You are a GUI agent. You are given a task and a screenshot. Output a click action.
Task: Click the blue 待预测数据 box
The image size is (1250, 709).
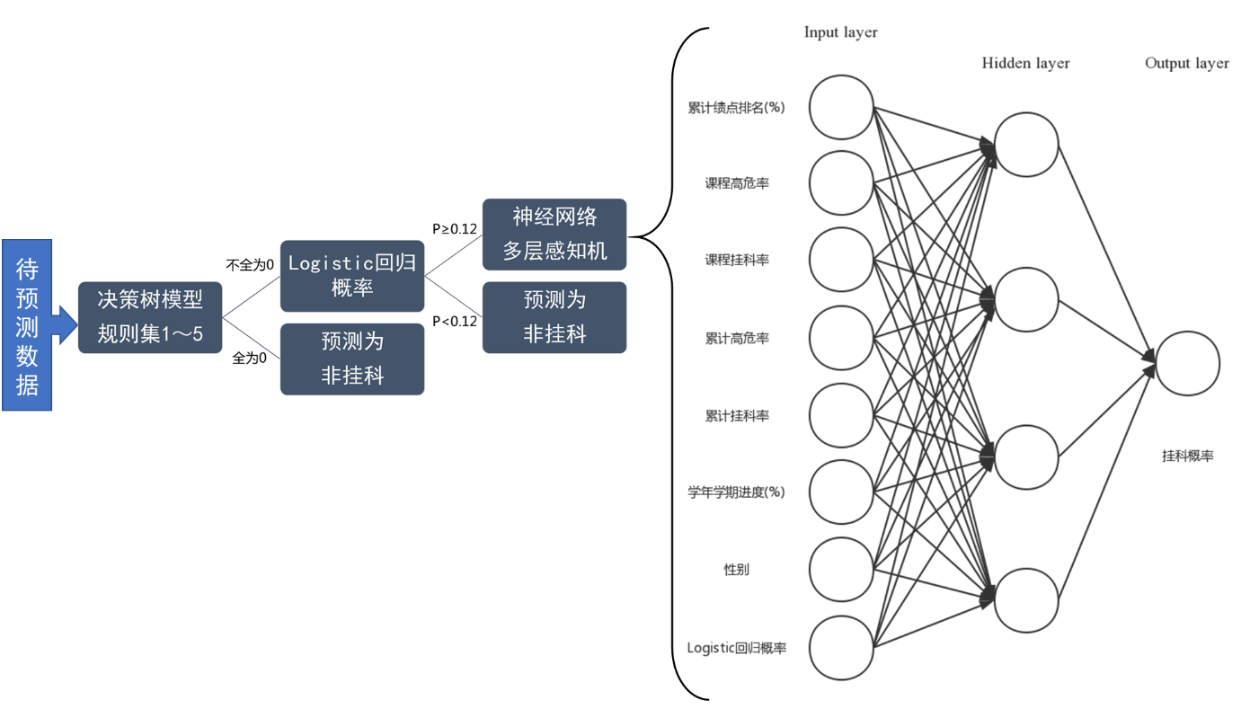tap(27, 325)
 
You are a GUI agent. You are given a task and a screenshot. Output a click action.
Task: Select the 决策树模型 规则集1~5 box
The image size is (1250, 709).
tap(150, 317)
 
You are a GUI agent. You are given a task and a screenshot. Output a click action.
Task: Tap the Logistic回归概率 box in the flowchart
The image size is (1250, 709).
tap(351, 276)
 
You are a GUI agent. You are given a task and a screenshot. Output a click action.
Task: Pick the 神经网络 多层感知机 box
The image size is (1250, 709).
tap(554, 235)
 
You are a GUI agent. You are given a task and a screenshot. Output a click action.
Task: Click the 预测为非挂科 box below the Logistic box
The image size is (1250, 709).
tap(351, 359)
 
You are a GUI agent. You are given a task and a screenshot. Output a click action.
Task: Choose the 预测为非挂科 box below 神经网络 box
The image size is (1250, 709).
tap(554, 317)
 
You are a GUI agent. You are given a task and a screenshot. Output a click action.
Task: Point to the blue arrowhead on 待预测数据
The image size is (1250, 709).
tap(65, 324)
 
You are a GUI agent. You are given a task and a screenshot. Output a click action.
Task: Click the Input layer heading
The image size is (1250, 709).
tap(840, 32)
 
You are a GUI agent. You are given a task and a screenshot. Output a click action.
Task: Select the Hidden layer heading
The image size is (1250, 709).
tap(1025, 63)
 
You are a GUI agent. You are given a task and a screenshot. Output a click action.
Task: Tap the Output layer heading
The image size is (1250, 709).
tap(1186, 63)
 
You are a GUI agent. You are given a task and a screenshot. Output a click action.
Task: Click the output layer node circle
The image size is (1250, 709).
tap(1187, 363)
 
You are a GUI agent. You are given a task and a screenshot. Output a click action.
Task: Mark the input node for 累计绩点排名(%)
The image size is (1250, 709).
tap(841, 107)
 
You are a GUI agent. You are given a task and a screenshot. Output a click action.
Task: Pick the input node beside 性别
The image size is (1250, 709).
tap(841, 570)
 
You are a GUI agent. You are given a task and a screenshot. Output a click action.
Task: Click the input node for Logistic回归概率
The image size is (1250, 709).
tap(841, 647)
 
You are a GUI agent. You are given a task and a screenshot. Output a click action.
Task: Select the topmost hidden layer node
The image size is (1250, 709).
tap(1026, 145)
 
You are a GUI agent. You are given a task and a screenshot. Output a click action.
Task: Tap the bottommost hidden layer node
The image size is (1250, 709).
tap(1026, 599)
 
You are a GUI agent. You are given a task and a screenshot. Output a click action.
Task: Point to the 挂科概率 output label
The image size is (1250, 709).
tap(1187, 456)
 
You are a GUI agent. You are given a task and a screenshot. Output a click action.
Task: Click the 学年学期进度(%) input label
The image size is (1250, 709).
tap(736, 492)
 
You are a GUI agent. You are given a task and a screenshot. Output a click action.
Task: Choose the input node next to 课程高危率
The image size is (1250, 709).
tap(841, 183)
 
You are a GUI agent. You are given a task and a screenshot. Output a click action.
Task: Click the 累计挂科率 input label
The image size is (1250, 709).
tap(736, 416)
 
